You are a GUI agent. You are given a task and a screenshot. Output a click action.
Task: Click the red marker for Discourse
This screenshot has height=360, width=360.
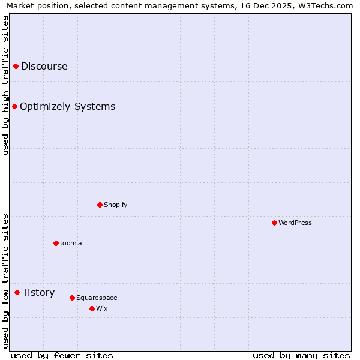(x=16, y=66)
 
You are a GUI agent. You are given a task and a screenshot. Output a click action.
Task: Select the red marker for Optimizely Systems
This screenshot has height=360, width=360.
(x=15, y=106)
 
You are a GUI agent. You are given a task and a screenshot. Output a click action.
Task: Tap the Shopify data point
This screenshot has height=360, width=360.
(x=100, y=205)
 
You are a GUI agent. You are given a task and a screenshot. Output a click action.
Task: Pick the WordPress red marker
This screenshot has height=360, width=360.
(x=275, y=223)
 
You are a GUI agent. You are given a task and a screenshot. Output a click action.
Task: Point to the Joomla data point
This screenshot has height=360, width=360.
(x=56, y=243)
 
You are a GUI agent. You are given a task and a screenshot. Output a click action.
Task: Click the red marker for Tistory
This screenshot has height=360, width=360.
(x=17, y=292)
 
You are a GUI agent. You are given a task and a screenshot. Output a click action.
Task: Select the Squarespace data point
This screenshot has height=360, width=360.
(x=73, y=298)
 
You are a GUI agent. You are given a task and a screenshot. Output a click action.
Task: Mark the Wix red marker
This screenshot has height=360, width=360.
(x=92, y=308)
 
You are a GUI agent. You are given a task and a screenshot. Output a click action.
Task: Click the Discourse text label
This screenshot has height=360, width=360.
(x=44, y=66)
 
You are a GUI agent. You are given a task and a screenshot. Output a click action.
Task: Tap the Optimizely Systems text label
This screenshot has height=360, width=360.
(x=68, y=106)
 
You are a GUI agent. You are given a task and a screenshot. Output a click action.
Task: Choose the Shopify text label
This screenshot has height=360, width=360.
(x=116, y=205)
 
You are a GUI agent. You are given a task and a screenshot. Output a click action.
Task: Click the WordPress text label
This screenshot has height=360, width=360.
(x=295, y=223)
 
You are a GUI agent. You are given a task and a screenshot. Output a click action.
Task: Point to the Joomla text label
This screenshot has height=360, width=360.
(x=71, y=243)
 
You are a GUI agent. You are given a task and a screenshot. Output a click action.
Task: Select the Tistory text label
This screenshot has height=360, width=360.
(x=38, y=292)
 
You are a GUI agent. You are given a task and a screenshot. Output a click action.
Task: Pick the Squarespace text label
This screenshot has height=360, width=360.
(x=97, y=298)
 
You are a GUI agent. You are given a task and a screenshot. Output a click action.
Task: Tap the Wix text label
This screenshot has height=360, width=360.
(x=102, y=308)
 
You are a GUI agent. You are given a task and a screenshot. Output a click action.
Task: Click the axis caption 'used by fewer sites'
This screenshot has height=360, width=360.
(x=62, y=355)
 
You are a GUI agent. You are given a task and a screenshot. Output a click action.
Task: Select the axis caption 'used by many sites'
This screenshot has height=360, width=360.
(x=301, y=355)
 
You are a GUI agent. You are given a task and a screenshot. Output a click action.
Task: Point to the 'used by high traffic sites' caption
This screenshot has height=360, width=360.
(x=6, y=85)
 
